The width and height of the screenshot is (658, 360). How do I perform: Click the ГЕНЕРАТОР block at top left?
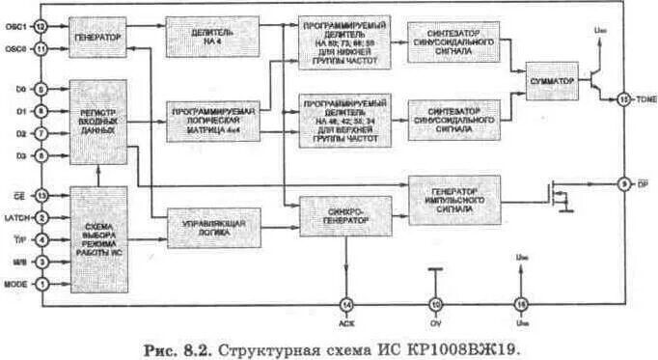97,38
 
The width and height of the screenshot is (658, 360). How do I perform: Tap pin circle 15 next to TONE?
623,98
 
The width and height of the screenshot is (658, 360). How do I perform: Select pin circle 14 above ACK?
345,306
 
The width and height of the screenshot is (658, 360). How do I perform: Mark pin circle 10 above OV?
435,306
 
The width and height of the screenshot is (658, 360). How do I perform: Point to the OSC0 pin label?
16,48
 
